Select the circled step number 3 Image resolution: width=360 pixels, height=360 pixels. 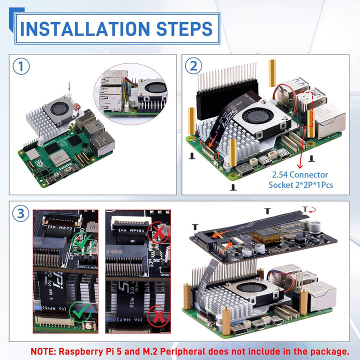20,214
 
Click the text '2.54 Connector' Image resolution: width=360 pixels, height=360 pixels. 300,174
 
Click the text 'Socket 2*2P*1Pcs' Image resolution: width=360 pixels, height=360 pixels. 302,185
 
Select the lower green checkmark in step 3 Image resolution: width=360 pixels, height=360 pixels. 79,311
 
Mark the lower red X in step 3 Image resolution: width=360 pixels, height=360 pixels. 159,317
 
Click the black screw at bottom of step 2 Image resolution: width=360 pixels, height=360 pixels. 232,187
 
